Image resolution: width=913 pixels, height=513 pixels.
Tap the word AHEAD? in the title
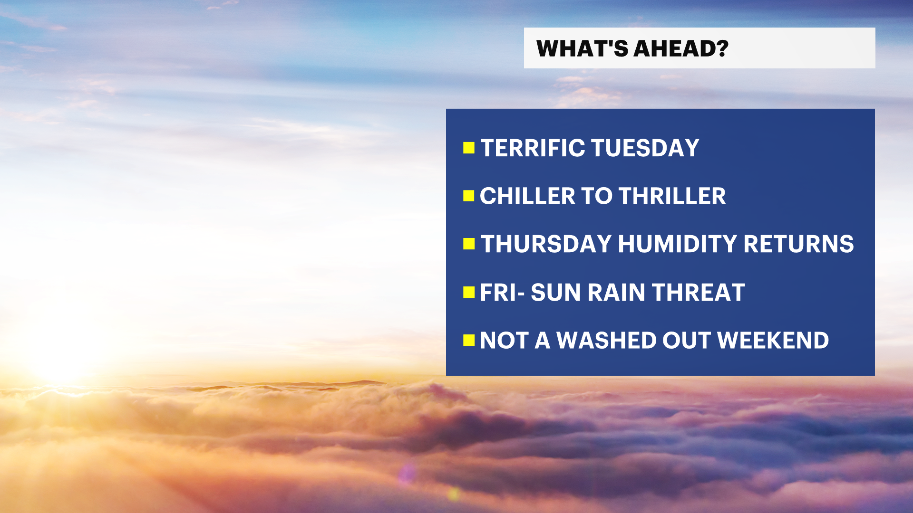[681, 48]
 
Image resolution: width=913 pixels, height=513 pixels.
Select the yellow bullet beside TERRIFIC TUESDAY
[469, 148]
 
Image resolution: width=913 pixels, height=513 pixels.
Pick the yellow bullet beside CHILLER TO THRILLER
[469, 196]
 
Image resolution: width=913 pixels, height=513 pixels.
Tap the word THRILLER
[672, 196]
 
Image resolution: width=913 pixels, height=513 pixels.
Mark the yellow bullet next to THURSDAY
[469, 244]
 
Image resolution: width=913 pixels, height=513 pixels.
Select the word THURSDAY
[546, 244]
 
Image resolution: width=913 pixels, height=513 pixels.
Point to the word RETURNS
[798, 244]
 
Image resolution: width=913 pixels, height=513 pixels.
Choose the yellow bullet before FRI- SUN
[469, 292]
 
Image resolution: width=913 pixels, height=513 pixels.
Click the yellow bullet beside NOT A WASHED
[469, 340]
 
